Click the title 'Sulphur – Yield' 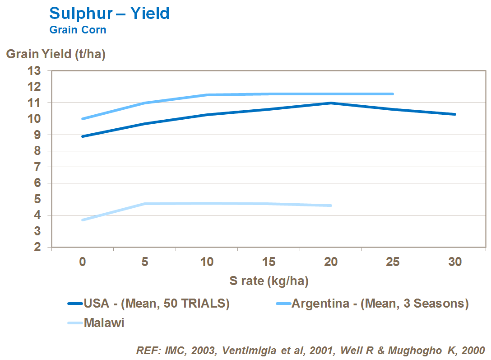pyautogui.click(x=109, y=13)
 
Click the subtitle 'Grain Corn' pyautogui.click(x=78, y=30)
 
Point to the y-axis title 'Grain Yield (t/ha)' pyautogui.click(x=56, y=54)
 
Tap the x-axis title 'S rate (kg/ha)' pyautogui.click(x=269, y=281)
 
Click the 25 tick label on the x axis pyautogui.click(x=393, y=262)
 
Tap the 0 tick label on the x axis pyautogui.click(x=83, y=262)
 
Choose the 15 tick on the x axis pyautogui.click(x=269, y=262)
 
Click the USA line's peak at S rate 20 pyautogui.click(x=331, y=103)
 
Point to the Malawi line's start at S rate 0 pyautogui.click(x=83, y=220)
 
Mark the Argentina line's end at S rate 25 pyautogui.click(x=393, y=94)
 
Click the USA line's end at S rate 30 pyautogui.click(x=455, y=114)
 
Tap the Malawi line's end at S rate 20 pyautogui.click(x=331, y=206)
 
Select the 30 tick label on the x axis pyautogui.click(x=455, y=262)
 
